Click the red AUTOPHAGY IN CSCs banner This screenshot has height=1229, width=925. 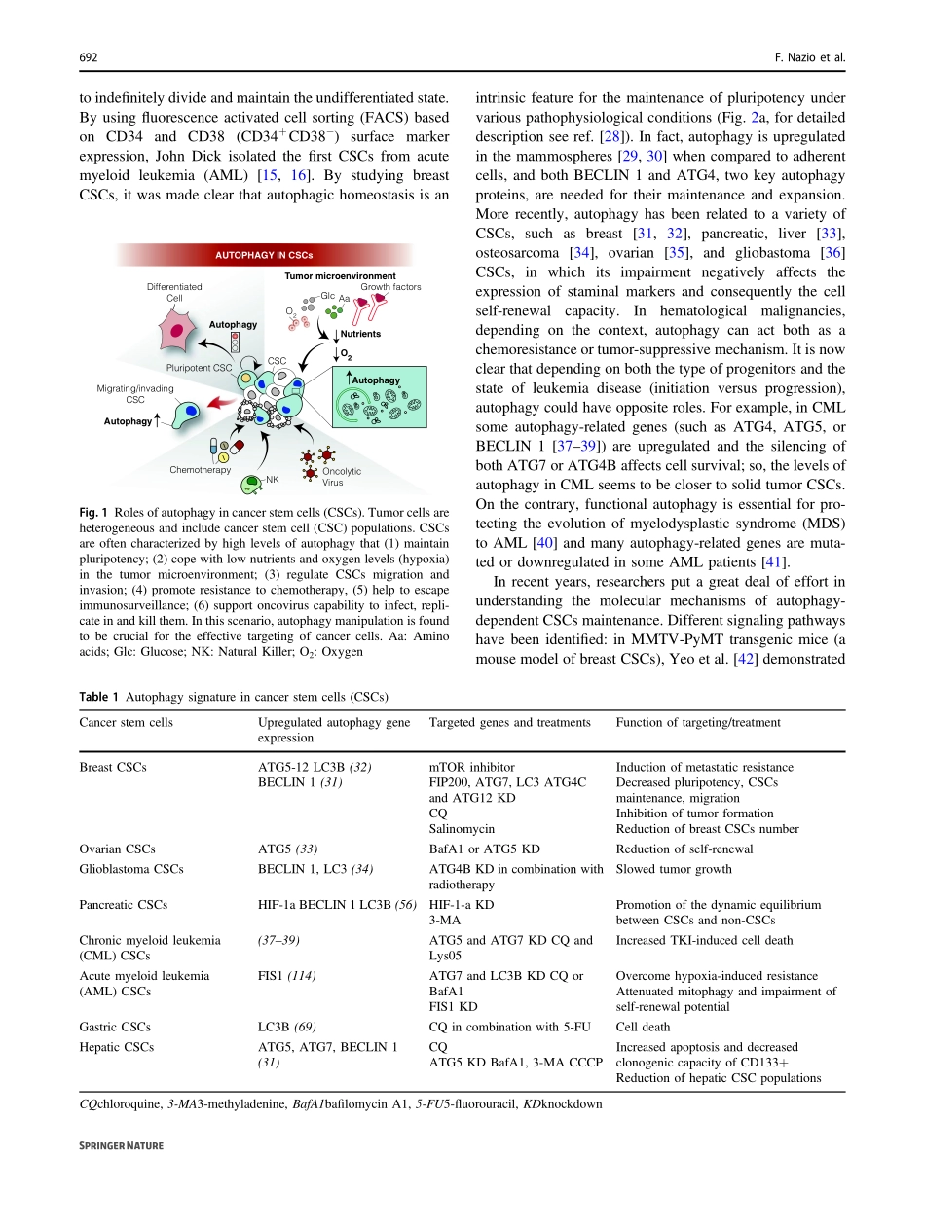(x=263, y=256)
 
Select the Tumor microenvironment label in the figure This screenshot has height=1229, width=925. (x=340, y=277)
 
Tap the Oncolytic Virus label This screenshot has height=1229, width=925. (x=341, y=477)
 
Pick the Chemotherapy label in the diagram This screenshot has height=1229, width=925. (x=200, y=470)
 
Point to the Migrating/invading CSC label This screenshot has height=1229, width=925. (x=135, y=393)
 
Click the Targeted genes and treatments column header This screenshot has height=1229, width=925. (x=509, y=723)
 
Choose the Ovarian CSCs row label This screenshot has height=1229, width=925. (x=117, y=849)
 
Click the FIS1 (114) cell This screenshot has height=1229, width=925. (x=286, y=976)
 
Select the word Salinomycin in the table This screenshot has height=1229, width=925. (x=462, y=829)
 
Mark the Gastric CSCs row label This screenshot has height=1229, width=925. (x=115, y=1027)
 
